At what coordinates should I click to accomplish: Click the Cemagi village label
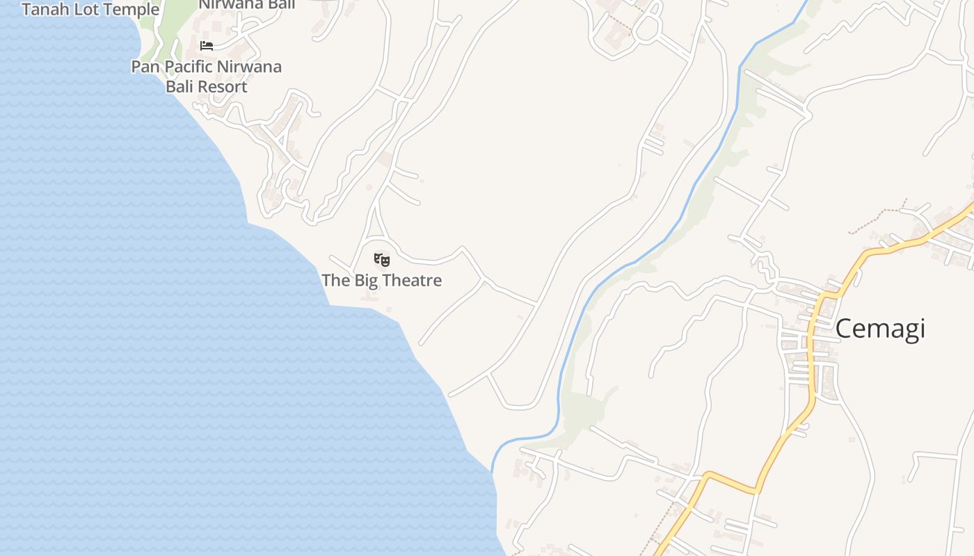tap(879, 328)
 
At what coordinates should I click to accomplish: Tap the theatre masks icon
tap(381, 261)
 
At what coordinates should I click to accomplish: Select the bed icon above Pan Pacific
tap(207, 46)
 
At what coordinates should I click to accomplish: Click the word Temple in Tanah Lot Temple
tap(134, 10)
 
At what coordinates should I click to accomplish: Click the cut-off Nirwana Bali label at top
tap(247, 4)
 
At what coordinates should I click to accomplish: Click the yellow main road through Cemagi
tap(811, 361)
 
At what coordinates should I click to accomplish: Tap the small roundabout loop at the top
tap(647, 28)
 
